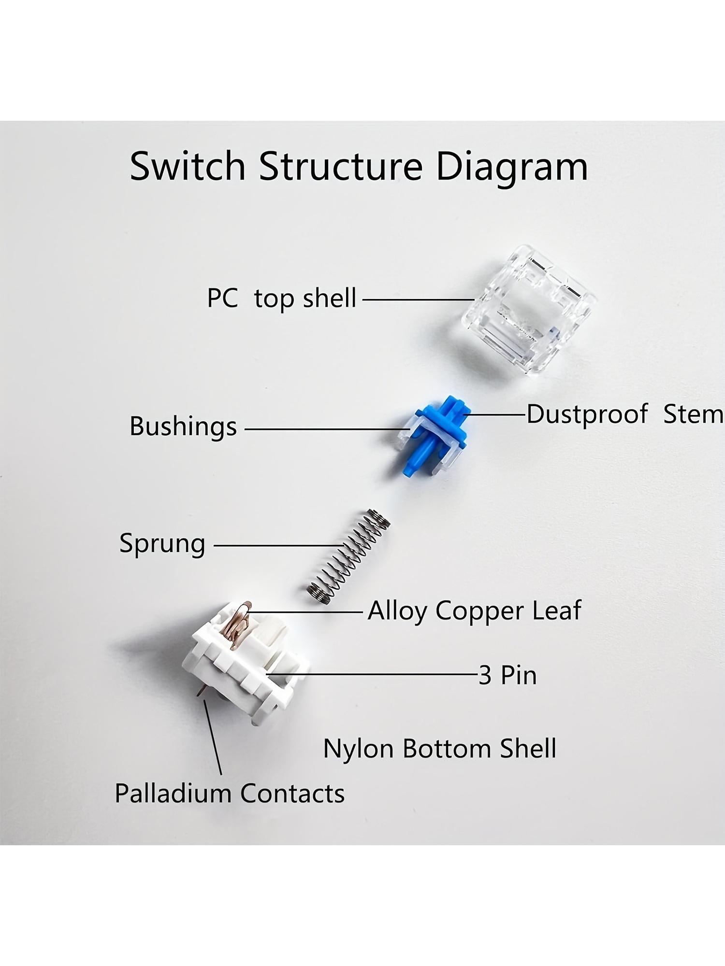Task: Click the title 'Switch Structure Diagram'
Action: [x=359, y=167]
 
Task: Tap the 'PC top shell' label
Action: [x=282, y=298]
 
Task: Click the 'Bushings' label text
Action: [x=183, y=427]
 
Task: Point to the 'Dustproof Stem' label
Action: [x=625, y=414]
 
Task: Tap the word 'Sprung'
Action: [x=162, y=544]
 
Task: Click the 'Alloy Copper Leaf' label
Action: [x=474, y=611]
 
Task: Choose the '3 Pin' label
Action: [x=507, y=675]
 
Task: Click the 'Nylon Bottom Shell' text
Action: [x=439, y=749]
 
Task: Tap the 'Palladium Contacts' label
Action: [x=230, y=794]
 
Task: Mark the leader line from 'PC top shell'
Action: [x=418, y=299]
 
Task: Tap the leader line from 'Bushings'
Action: [x=328, y=428]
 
